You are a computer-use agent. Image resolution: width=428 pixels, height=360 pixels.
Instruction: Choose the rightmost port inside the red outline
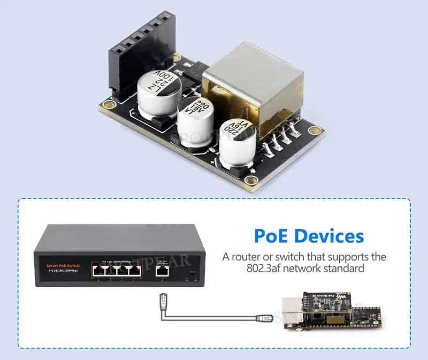[139, 271]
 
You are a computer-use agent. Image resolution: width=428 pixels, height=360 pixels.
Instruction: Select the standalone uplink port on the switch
[161, 271]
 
